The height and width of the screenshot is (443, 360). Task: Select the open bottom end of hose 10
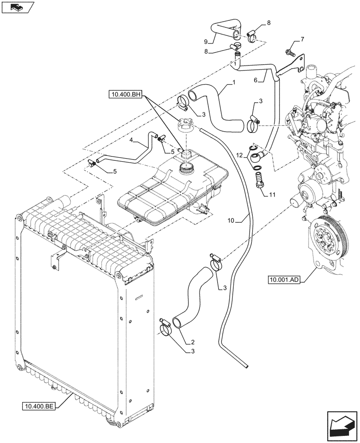pyautogui.click(x=244, y=365)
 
